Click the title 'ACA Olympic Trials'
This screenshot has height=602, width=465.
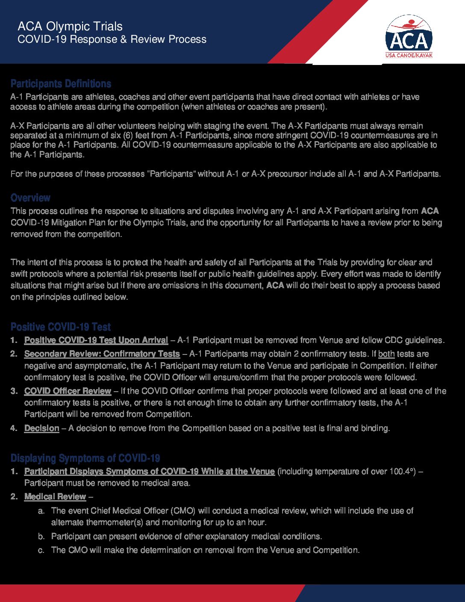pos(70,27)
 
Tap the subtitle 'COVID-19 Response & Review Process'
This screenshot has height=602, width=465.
pos(112,40)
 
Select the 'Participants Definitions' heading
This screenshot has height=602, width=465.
pos(61,84)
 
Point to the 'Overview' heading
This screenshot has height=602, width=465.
pos(30,198)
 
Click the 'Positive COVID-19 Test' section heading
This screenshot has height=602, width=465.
pos(61,327)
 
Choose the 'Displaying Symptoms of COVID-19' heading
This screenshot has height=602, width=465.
pos(85,458)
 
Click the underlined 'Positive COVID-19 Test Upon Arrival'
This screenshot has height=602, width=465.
pos(96,340)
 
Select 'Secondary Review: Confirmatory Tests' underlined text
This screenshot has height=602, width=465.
pos(102,354)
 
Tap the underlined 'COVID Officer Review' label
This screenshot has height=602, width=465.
pos(68,391)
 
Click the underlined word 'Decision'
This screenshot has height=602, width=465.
pos(41,428)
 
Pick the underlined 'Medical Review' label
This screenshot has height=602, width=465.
pos(55,497)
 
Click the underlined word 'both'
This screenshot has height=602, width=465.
pos(386,354)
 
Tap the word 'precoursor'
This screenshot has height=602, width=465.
pos(285,174)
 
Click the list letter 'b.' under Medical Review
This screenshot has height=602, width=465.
pos(41,537)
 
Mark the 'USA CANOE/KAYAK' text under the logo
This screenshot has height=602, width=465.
pos(409,56)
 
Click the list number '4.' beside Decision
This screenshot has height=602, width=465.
pos(14,428)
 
